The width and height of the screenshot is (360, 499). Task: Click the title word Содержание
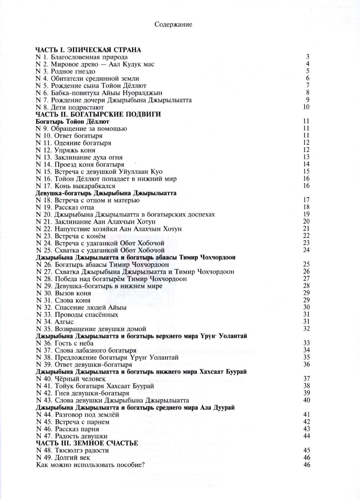click(173, 24)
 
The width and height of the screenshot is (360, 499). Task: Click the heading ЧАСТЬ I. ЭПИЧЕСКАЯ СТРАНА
click(88, 50)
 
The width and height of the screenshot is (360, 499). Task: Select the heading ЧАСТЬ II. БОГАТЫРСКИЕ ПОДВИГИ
click(98, 114)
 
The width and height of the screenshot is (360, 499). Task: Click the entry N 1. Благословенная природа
click(82, 57)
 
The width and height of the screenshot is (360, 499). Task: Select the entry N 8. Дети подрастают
click(70, 107)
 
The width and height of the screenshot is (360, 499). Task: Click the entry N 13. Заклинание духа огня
click(79, 157)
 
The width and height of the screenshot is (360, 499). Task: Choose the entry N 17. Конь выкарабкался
click(75, 186)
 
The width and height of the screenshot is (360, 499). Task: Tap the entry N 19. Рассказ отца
click(65, 207)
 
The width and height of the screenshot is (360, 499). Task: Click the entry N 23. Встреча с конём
click(71, 236)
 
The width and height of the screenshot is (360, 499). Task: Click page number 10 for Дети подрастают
click(306, 107)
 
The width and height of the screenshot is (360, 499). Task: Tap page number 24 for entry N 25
click(306, 250)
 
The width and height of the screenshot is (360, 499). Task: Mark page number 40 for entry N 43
click(306, 400)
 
